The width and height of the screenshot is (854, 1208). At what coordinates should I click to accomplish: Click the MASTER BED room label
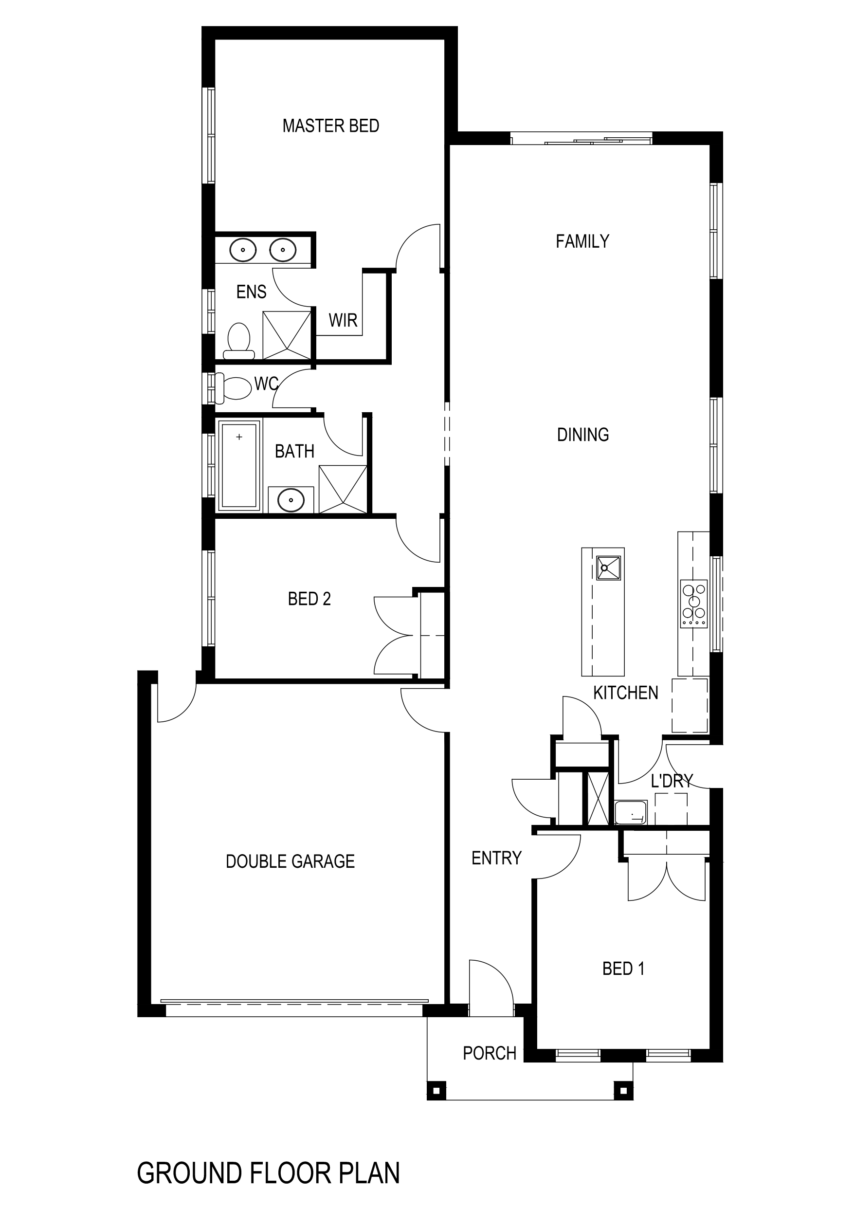330,126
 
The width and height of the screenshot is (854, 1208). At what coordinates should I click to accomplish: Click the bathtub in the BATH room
239,465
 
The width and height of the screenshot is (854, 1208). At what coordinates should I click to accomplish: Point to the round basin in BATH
291,499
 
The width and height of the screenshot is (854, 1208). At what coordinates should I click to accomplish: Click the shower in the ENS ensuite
287,335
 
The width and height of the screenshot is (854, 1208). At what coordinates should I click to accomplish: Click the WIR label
343,320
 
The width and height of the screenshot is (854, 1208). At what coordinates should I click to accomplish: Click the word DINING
582,435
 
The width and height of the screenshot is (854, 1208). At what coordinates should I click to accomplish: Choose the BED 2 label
309,599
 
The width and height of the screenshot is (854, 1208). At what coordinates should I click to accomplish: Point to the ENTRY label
496,858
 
